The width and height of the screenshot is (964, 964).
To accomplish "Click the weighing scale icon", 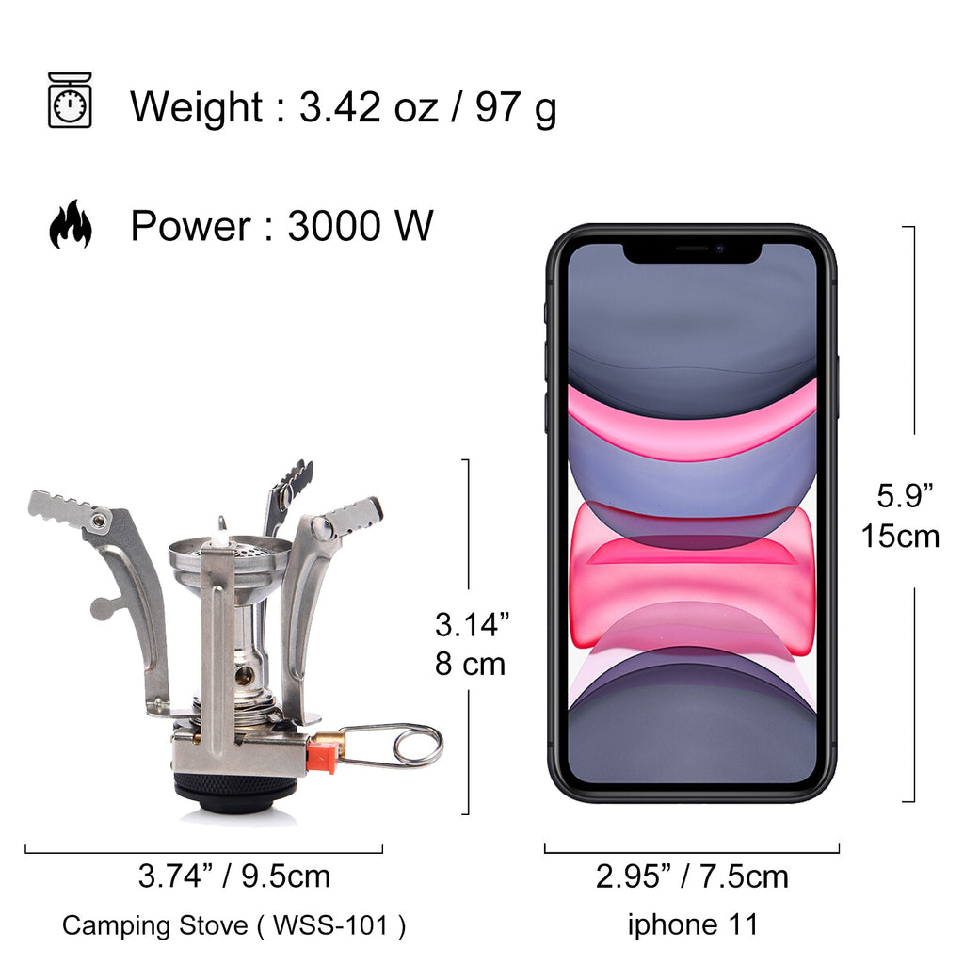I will (70, 100).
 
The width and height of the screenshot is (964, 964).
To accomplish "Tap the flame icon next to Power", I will (71, 225).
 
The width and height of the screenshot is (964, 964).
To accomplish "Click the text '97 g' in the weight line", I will (515, 107).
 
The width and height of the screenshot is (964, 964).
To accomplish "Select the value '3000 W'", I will (360, 227).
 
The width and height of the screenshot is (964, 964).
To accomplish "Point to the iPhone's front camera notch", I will (692, 249).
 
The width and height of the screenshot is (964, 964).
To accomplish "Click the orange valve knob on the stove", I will (322, 755).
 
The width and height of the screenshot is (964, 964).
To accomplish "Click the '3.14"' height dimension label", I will (472, 624).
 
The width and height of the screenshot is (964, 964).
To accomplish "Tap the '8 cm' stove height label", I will (470, 664).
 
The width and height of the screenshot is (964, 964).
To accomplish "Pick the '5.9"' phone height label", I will (904, 494).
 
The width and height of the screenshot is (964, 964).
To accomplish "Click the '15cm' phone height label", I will (900, 536).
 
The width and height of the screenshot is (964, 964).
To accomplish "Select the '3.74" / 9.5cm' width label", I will (234, 877).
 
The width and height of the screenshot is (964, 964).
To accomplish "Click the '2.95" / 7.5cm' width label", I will (692, 877).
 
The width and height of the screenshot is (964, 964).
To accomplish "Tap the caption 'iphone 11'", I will (692, 924).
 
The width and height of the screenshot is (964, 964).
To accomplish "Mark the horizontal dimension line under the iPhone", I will (692, 853).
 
